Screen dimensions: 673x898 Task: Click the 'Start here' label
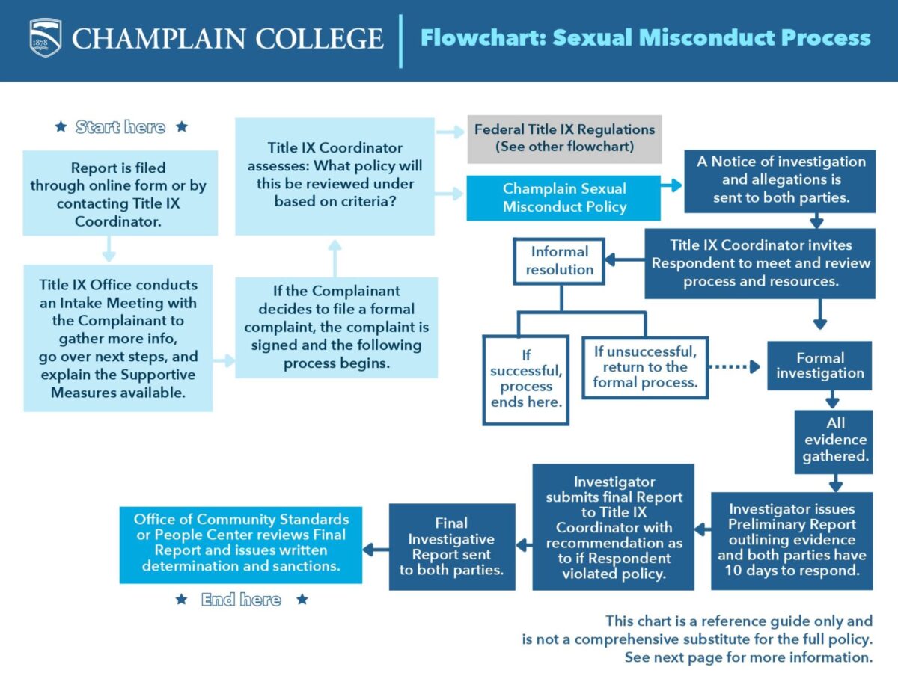pos(120,127)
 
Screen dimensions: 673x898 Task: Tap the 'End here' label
pos(241,600)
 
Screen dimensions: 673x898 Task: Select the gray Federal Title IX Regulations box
pos(564,138)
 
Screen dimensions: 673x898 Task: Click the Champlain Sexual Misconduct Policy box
pos(563,198)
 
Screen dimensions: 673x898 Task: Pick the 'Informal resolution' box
pos(559,261)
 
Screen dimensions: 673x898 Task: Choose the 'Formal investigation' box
pos(819,366)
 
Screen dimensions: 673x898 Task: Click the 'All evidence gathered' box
pos(834,440)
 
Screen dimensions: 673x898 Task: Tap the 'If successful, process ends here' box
pos(526,379)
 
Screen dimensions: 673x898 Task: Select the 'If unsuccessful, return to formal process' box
pos(644,366)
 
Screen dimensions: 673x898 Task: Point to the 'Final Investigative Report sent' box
pos(451,547)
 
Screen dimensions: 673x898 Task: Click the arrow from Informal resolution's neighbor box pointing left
pos(624,260)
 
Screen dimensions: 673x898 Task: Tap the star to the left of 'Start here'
pos(61,127)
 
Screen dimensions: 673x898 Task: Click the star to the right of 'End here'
pos(302,600)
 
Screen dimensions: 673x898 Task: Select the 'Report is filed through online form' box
pos(119,194)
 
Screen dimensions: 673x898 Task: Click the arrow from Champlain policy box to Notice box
pos(672,185)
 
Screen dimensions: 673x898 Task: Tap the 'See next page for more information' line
pos(748,658)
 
